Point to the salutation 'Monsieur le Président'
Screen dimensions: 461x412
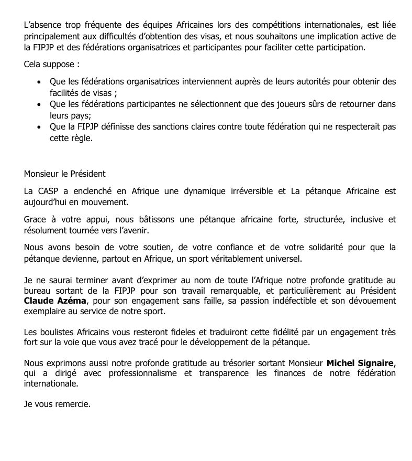tap(65, 174)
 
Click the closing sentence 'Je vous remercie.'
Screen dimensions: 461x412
tap(57, 404)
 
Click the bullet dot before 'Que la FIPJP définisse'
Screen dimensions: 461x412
tap(39, 127)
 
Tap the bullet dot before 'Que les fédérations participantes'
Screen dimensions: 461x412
tap(39, 104)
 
